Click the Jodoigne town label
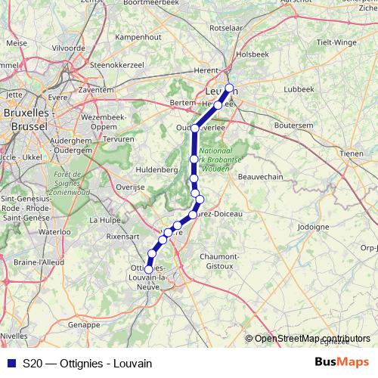(314, 226)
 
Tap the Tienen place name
(352, 153)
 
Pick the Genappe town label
(84, 324)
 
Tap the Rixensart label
(124, 237)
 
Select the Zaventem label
(95, 88)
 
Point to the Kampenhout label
(138, 57)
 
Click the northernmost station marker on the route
(229, 88)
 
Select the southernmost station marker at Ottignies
(148, 269)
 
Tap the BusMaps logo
(342, 363)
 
